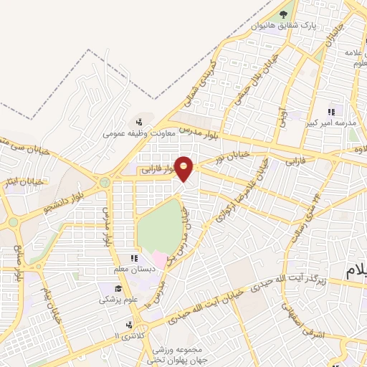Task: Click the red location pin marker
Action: click(185, 168)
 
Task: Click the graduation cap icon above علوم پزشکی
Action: click(105, 288)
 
